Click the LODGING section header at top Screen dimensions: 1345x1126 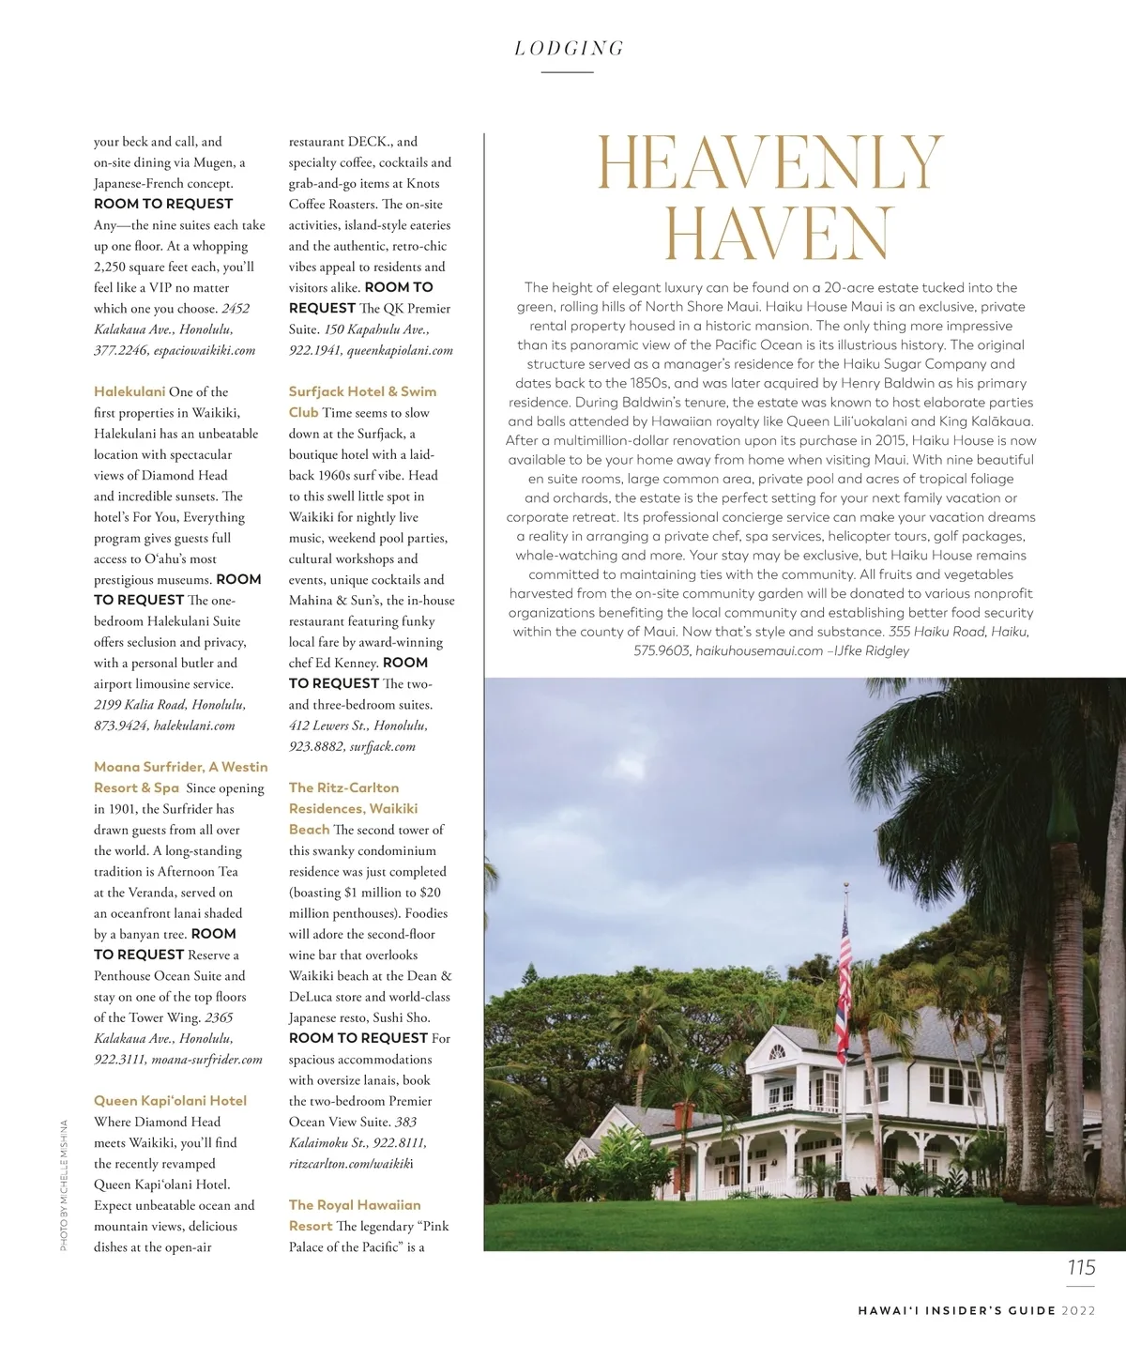coord(569,49)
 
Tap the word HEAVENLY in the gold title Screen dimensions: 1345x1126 coord(768,164)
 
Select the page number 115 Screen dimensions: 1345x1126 coord(1081,1268)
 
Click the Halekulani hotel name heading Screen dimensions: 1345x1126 coord(129,391)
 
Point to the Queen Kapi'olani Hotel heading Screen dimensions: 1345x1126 coord(170,1101)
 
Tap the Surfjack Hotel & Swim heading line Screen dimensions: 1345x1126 coord(362,391)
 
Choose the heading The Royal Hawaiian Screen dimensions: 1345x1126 coord(355,1205)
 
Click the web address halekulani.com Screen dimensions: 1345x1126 coord(194,726)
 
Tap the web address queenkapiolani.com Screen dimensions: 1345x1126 coord(400,350)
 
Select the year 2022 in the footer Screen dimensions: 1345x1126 coord(1078,1310)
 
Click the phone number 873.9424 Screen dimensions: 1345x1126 coord(120,726)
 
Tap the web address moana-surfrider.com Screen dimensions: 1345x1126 coord(206,1060)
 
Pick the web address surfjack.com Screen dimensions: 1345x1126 coord(382,746)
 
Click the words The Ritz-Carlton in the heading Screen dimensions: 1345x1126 coord(343,787)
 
